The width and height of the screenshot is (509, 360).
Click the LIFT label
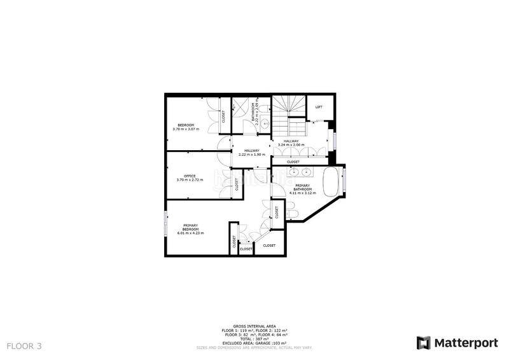319,106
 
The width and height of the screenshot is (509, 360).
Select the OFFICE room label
190,176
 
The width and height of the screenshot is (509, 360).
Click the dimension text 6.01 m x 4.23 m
190,233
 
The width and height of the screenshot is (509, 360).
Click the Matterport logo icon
423,343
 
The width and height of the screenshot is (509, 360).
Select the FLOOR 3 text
24,346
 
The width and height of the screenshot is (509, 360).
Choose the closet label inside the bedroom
223,116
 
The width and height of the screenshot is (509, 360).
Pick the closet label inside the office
237,185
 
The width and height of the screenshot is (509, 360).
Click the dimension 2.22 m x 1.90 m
251,155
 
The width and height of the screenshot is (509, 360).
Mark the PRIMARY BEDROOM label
190,226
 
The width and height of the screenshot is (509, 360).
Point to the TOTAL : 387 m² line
254,339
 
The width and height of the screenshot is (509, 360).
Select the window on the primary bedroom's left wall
166,222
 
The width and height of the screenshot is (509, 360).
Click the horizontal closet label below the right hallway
293,162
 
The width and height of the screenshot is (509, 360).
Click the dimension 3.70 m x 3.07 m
186,129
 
